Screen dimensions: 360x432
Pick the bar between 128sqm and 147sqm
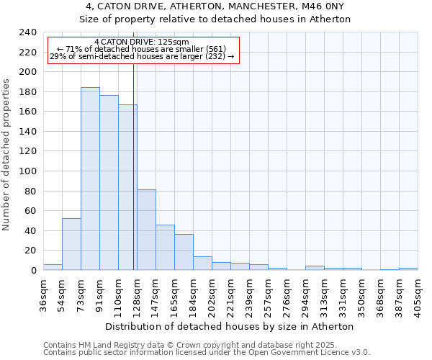pyautogui.click(x=146, y=230)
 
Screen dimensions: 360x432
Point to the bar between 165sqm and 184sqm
pyautogui.click(x=184, y=252)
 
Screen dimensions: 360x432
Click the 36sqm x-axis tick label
pyautogui.click(x=44, y=294)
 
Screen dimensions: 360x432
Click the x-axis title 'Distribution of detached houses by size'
pyautogui.click(x=234, y=326)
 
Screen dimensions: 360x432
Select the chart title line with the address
pyautogui.click(x=215, y=6)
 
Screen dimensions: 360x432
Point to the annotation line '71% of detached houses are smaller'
pyautogui.click(x=141, y=49)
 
